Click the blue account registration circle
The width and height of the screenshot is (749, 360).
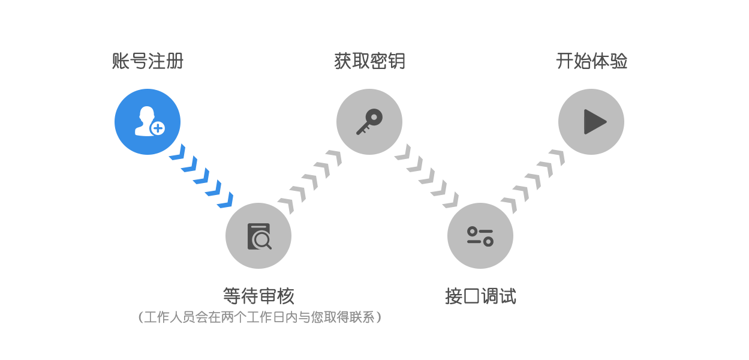148,122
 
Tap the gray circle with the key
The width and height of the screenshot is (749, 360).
369,122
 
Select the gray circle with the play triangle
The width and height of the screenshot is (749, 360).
591,122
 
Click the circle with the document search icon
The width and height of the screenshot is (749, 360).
258,236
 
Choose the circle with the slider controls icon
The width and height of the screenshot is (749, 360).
480,236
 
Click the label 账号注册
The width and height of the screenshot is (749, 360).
148,61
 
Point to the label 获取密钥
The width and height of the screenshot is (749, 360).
369,61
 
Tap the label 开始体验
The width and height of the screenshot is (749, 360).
591,61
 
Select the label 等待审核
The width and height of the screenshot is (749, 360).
258,296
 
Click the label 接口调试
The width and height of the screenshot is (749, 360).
480,296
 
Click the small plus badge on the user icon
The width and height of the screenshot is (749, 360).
158,128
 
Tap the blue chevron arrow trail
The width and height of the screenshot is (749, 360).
201,176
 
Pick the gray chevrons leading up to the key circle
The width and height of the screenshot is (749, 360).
310,182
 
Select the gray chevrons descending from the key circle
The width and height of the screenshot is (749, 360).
426,176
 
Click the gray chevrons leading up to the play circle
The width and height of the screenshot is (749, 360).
533,182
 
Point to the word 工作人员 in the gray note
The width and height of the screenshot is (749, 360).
170,317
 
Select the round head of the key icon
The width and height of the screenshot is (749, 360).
374,117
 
